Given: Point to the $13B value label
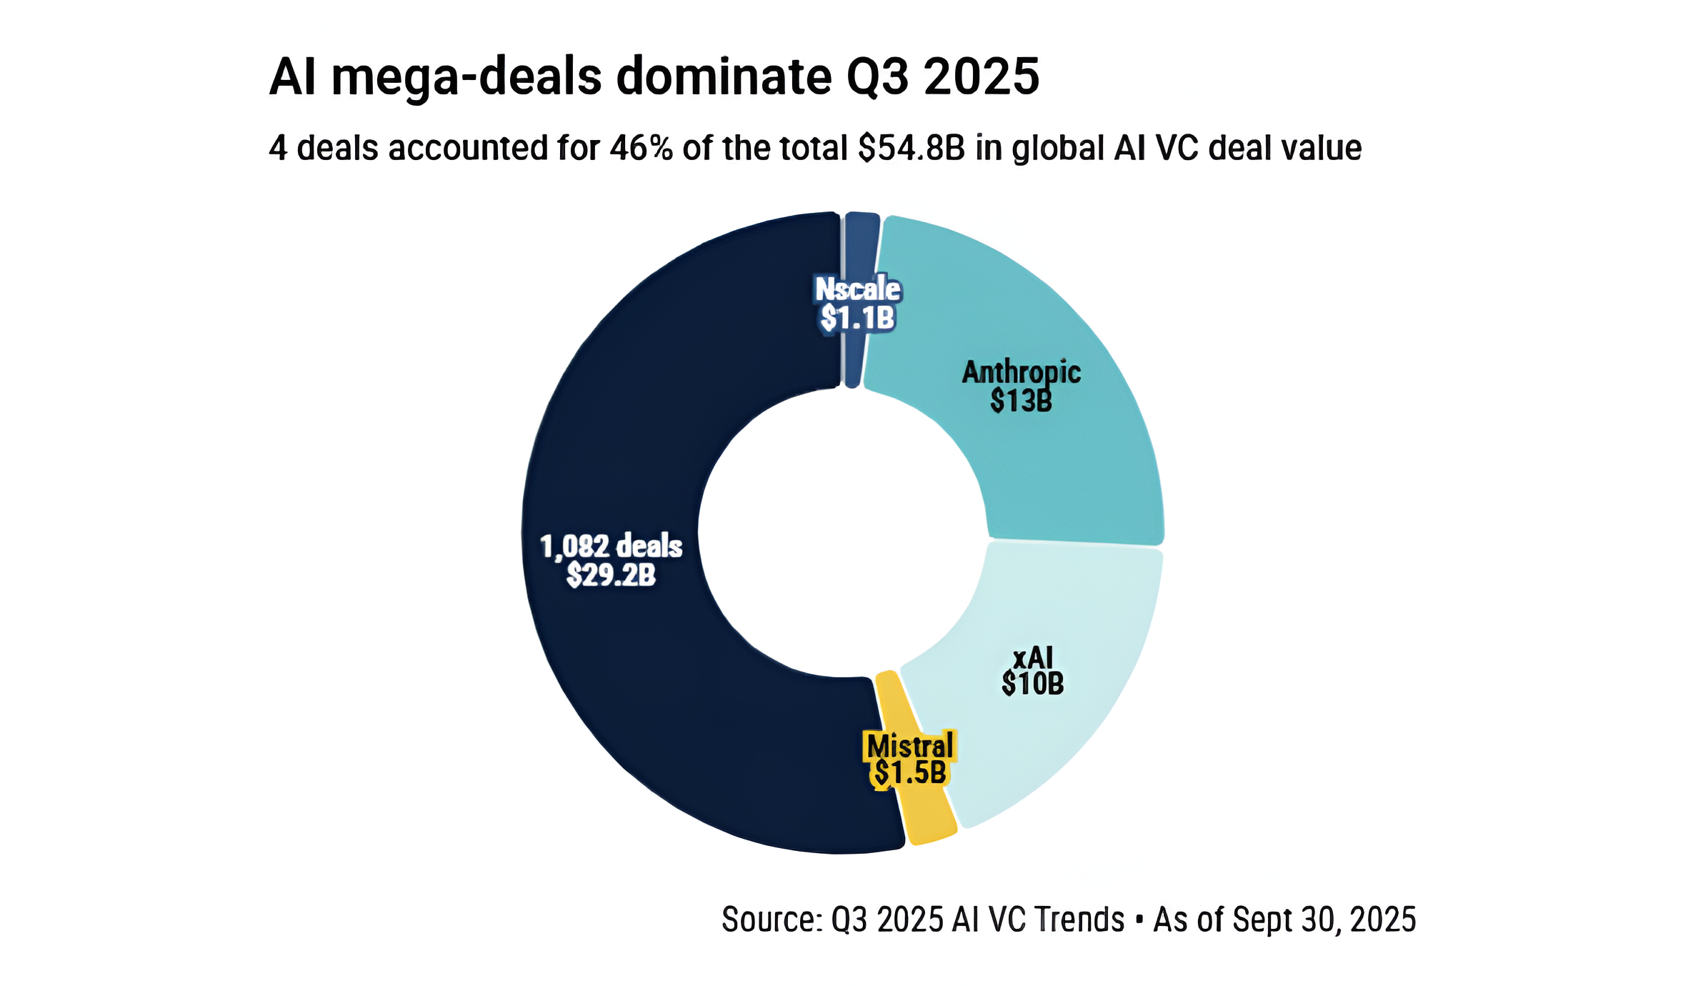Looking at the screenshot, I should click(x=1021, y=402).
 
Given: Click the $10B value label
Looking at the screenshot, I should click(x=1032, y=684).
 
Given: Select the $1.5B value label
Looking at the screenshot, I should click(x=909, y=773).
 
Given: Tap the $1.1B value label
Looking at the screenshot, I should click(x=857, y=318).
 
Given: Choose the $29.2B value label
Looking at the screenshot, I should click(x=611, y=575).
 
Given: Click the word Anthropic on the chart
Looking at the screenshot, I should click(x=1021, y=372).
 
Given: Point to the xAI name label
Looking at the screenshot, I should click(x=1033, y=657).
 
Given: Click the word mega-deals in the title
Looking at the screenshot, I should click(x=467, y=77).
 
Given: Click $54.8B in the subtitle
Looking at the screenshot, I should click(x=912, y=149).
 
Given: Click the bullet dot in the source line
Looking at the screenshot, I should click(x=1139, y=919).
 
